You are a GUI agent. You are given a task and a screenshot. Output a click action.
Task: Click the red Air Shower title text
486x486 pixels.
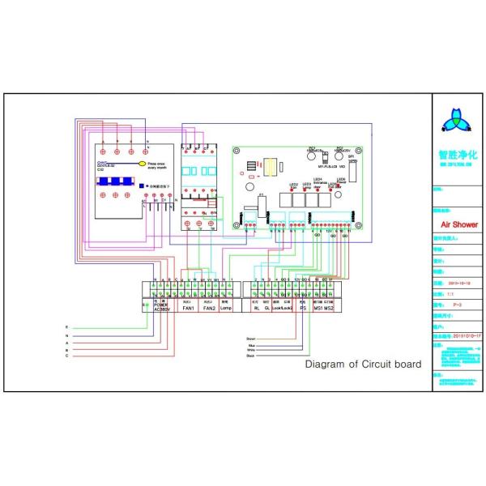[x=454, y=219]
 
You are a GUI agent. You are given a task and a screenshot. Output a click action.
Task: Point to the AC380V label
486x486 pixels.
[x=161, y=309]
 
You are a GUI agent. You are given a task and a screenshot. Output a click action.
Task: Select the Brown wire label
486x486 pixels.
[x=250, y=337]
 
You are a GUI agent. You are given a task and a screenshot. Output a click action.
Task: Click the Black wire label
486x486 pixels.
[x=250, y=356]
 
